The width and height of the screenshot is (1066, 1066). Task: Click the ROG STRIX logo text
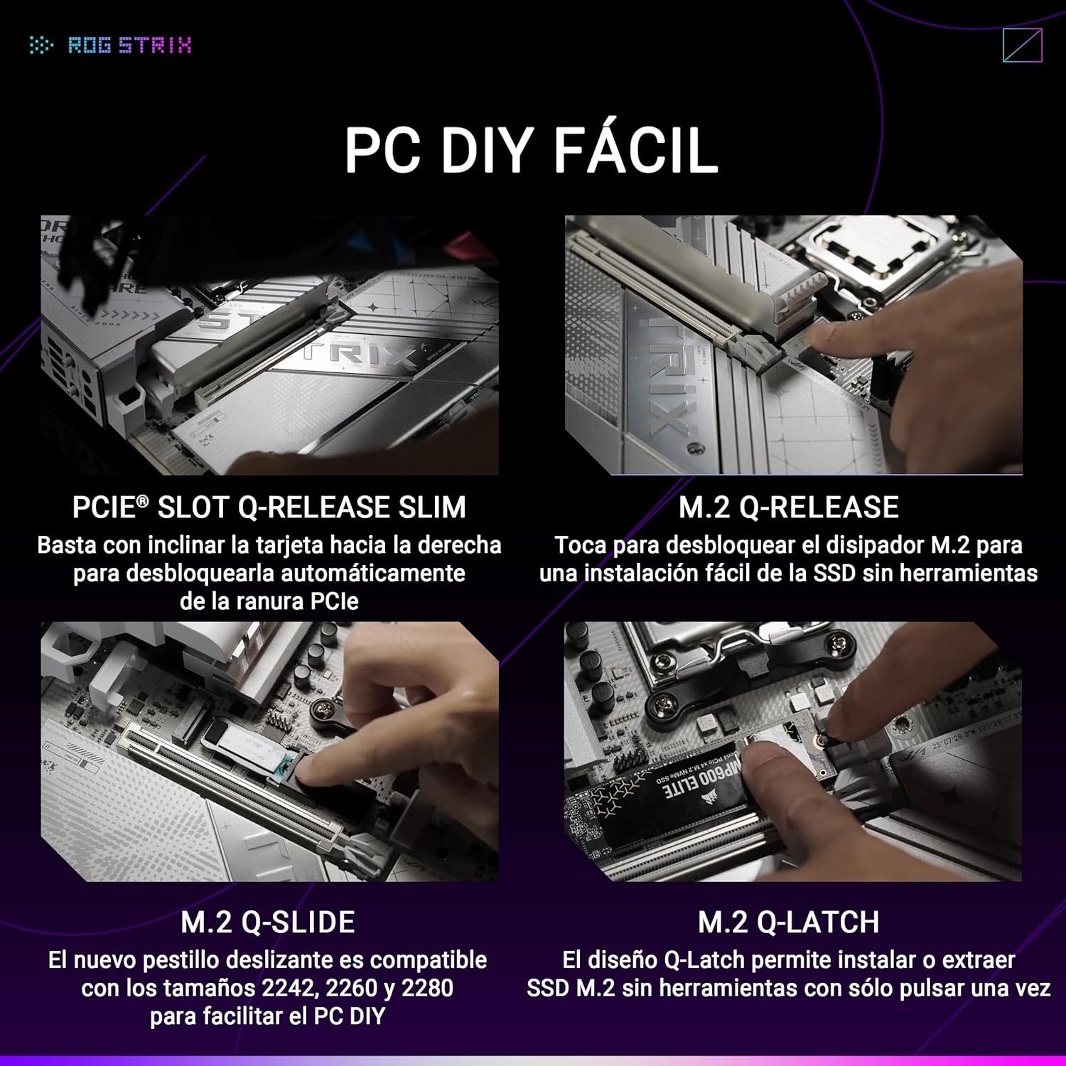click(130, 45)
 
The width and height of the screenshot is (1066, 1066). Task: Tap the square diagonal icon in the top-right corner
click(1023, 45)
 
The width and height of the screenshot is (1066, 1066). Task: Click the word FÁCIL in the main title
click(635, 150)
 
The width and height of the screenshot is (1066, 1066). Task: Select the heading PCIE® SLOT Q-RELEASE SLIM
click(269, 507)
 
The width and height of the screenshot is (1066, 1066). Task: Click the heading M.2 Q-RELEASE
click(789, 507)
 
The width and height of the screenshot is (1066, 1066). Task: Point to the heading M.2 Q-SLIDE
click(268, 922)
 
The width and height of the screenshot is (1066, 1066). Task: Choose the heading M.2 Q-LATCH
click(789, 922)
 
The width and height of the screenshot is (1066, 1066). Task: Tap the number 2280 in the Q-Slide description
click(427, 988)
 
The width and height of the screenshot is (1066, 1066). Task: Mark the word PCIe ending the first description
click(334, 602)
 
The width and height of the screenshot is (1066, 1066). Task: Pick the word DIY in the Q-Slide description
click(367, 1016)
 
